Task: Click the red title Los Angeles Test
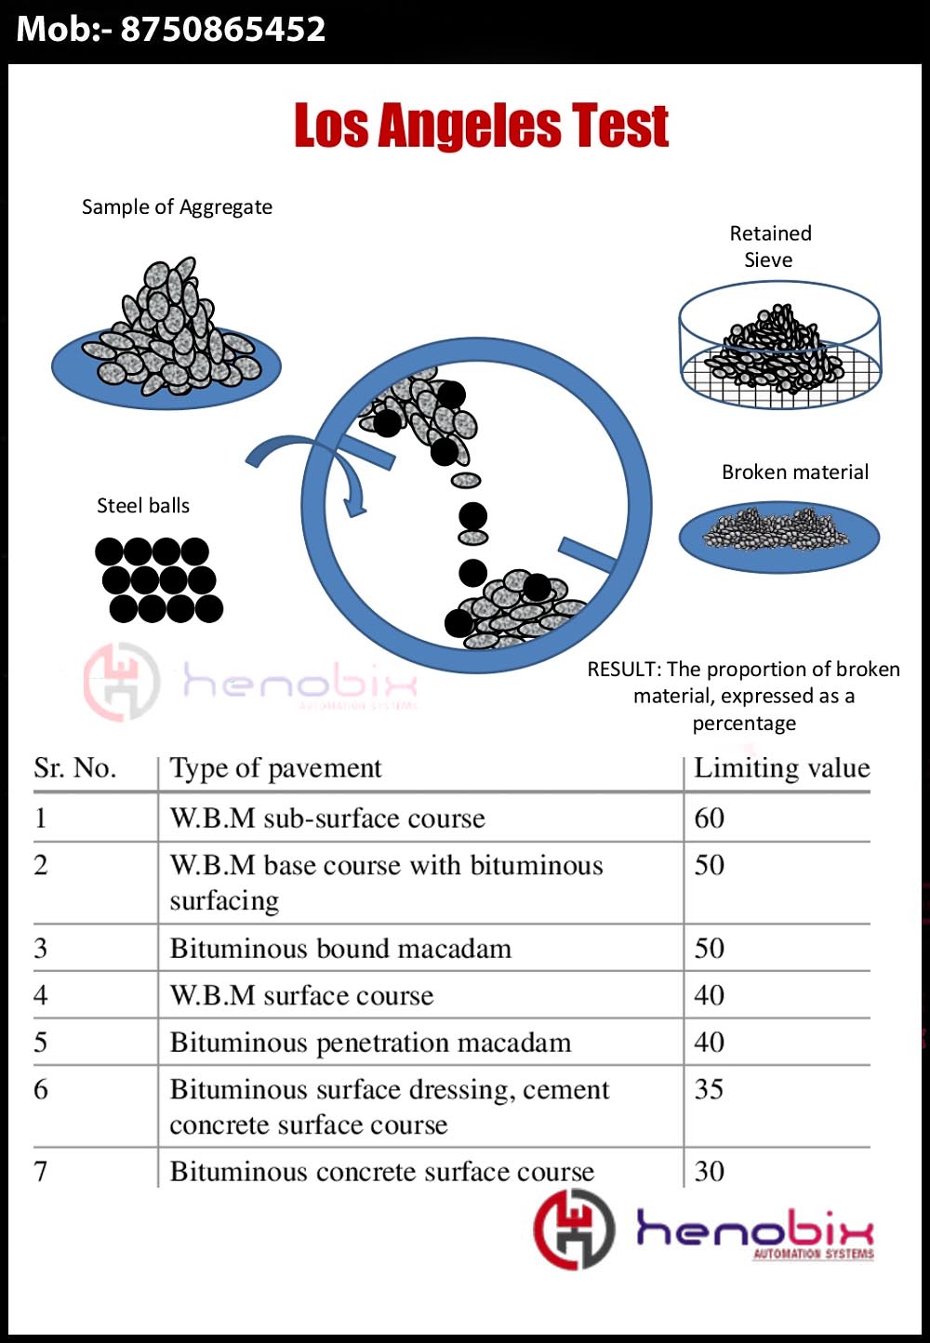pos(481,126)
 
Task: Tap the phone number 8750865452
pos(223,30)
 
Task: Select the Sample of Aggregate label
pos(177,206)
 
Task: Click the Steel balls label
pos(143,505)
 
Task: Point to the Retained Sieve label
pos(770,246)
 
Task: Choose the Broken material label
pos(795,472)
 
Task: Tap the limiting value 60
pos(709,818)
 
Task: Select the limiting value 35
pos(709,1088)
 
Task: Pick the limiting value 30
pos(709,1171)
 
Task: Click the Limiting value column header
pos(781,767)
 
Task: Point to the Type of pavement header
pos(275,768)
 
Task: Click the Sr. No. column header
pos(74,768)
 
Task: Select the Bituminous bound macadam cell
pos(340,949)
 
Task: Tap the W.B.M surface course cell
pos(301,995)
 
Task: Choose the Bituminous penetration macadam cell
pos(370,1043)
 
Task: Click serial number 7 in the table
pos(40,1171)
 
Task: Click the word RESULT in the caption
pos(622,669)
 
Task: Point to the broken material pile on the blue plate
pos(777,529)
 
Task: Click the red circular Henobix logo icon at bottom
pos(574,1229)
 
